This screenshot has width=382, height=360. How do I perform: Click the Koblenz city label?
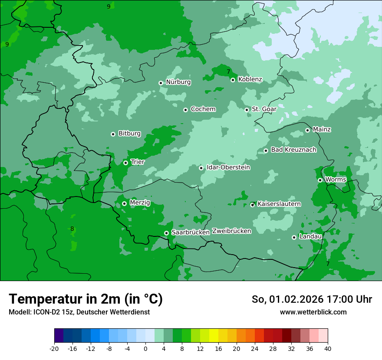point(250,79)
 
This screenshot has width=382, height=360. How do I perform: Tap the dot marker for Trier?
point(125,163)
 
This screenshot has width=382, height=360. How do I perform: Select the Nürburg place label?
point(178,82)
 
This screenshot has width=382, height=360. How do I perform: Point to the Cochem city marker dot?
point(185,110)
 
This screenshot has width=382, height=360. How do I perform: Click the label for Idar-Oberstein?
point(228,167)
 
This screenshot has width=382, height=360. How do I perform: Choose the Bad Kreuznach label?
point(293,150)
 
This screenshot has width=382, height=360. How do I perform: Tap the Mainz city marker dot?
point(307,130)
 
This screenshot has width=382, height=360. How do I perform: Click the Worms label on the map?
point(336,180)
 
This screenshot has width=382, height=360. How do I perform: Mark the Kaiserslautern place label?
point(279,204)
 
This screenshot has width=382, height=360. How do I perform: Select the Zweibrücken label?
point(231,231)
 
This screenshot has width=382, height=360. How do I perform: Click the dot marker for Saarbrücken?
point(166,233)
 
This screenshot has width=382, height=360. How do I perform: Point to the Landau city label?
point(310,237)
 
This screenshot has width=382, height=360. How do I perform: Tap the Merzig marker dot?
point(124,203)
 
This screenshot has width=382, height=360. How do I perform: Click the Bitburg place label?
point(129,134)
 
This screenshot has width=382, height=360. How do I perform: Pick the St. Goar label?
point(264,109)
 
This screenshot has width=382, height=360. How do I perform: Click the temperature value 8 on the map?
point(72,229)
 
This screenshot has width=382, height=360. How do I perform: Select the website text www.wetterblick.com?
point(313,312)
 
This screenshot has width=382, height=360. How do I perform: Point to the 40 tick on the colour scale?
point(327,348)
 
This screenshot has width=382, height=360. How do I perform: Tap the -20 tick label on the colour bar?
point(54,348)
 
